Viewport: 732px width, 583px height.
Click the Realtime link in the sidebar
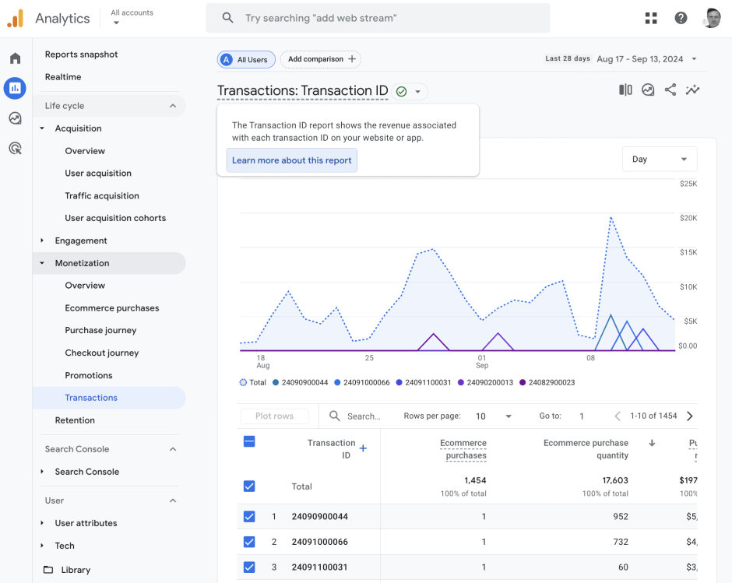63,77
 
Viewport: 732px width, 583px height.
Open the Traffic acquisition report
102,196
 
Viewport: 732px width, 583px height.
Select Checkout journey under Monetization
102,353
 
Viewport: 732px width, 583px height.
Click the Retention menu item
75,420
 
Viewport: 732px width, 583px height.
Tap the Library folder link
76,570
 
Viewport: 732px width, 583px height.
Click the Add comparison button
321,59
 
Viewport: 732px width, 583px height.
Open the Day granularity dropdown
659,159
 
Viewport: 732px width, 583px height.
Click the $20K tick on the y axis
688,218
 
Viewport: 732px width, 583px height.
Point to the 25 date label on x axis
369,358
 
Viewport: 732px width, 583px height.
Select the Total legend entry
253,382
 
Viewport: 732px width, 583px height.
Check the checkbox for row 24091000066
249,542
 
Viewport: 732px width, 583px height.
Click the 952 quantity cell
620,516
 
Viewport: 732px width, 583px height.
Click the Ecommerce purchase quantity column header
586,449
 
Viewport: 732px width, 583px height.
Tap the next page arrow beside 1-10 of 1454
690,416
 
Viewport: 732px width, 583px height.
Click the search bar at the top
378,18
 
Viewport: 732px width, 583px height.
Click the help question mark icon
681,18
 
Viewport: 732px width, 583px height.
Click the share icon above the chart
670,90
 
